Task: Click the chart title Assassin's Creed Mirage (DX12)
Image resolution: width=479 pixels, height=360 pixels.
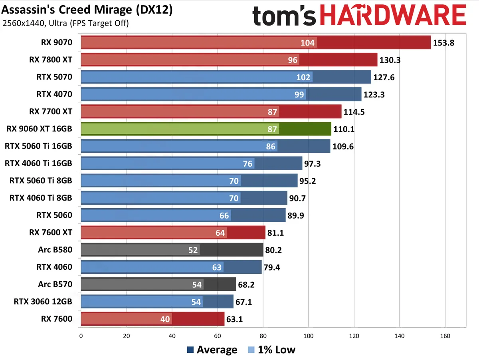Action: [87, 10]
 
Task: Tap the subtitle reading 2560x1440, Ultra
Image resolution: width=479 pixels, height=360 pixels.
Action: [65, 24]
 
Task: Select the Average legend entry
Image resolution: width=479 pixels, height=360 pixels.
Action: [212, 350]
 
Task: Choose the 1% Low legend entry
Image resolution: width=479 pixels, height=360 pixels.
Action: [271, 350]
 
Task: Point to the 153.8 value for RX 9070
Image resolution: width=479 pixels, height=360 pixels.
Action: [443, 43]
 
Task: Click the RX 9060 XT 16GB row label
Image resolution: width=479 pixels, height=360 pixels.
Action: [40, 129]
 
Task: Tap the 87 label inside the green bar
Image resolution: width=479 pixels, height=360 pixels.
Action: [273, 129]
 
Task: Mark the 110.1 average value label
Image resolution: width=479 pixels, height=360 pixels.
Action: [344, 129]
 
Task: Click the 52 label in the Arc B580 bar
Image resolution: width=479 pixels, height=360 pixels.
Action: [193, 250]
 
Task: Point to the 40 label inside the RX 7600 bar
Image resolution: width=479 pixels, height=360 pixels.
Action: [165, 319]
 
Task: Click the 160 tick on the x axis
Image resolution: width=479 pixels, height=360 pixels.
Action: [445, 336]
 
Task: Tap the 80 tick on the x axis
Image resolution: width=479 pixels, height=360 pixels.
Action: [263, 336]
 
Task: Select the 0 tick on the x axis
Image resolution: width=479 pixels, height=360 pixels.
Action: [81, 336]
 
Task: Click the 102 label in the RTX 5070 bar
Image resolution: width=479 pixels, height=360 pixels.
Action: [303, 77]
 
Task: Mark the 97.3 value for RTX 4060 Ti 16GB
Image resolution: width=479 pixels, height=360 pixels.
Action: [315, 163]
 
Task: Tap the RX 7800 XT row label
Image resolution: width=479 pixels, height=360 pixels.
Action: [51, 60]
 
